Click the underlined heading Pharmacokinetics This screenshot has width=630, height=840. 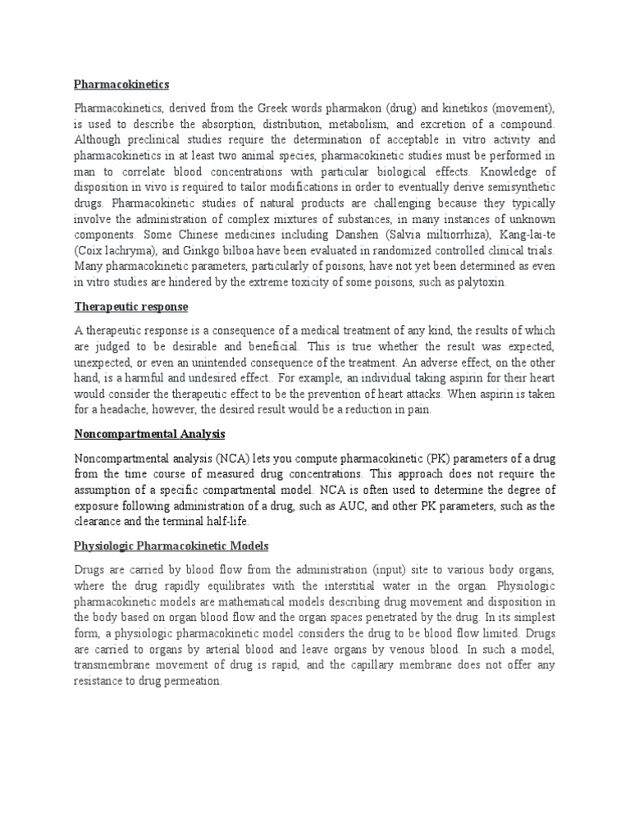pos(122,84)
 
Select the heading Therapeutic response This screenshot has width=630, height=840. pos(131,307)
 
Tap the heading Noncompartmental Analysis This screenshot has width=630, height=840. pos(149,433)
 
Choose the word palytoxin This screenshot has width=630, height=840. pos(476,282)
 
